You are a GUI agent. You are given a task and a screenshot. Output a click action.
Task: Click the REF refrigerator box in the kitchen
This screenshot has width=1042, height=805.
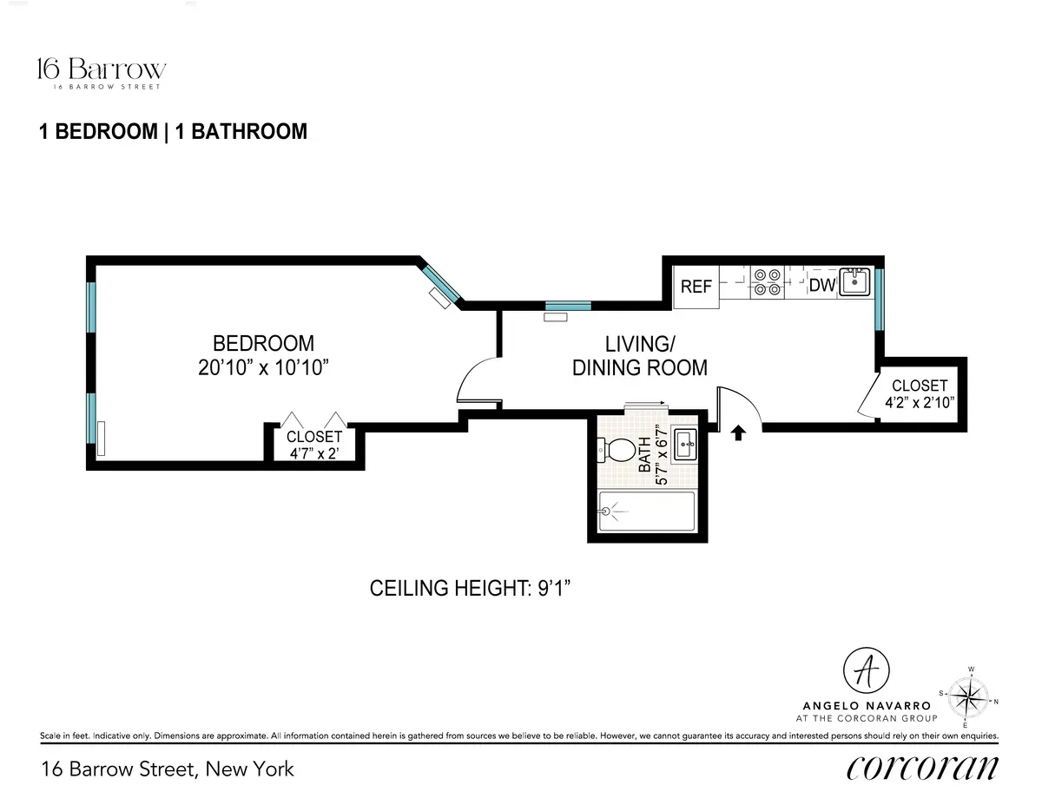pos(696,286)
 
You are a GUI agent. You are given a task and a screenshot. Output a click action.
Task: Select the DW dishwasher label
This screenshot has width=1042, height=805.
pos(821,285)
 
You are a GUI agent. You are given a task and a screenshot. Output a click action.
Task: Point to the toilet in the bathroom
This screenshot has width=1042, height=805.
pos(617,451)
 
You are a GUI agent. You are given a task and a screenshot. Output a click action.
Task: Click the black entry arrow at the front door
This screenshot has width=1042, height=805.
pos(739,432)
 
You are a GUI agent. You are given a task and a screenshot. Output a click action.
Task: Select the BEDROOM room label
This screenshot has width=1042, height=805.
pos(263,343)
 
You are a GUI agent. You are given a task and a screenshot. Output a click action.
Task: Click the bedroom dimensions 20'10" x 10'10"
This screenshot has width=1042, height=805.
pos(263,367)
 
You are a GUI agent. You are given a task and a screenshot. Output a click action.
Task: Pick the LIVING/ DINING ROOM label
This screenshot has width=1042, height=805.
pos(640,355)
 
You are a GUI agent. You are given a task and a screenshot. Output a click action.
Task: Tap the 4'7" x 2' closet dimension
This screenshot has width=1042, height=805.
pos(314,453)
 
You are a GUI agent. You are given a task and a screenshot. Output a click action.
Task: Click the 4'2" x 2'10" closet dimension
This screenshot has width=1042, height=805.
pos(920,402)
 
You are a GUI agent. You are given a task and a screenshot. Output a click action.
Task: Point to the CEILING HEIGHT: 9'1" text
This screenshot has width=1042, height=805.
pos(474,589)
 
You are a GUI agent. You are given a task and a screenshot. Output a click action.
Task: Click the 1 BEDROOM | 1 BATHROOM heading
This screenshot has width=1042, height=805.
pos(174,131)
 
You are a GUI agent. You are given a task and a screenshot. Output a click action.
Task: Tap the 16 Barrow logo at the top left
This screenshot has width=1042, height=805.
pos(102,72)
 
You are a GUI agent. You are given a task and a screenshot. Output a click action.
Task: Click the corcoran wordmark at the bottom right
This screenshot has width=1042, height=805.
pos(922,768)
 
